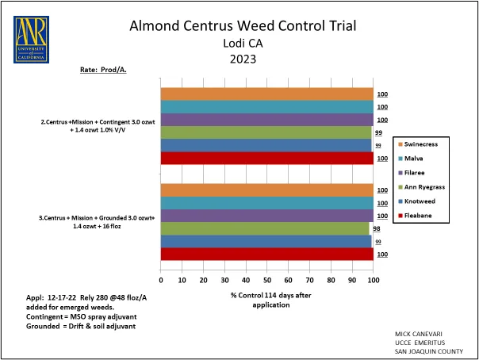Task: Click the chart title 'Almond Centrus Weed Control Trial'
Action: [243, 25]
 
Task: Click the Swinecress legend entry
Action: [424, 144]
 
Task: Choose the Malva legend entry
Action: [418, 158]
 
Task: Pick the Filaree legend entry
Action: [420, 172]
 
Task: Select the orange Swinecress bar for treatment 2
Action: [266, 94]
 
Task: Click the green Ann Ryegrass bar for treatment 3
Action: [265, 228]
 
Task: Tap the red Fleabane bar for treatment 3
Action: [266, 254]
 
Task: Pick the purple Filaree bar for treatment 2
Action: [266, 120]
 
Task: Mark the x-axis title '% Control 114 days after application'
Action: [267, 301]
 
